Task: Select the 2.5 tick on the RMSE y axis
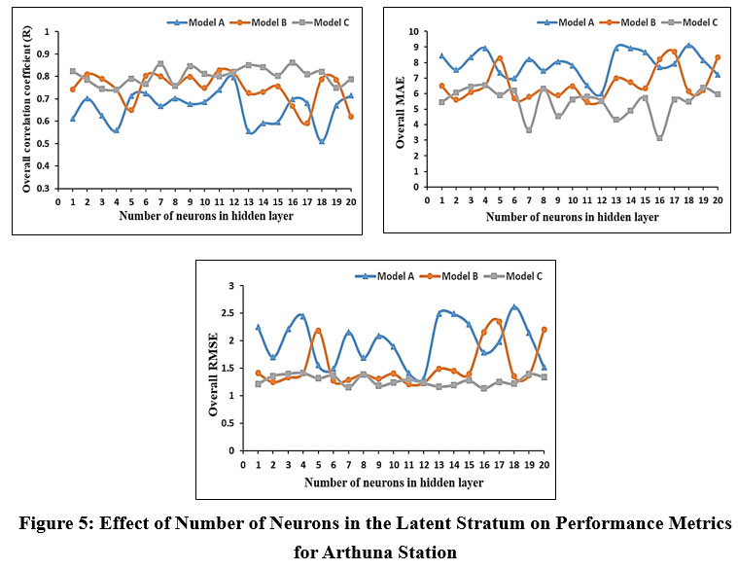(x=230, y=313)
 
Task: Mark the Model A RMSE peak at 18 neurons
(x=514, y=307)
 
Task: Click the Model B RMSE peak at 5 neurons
(x=318, y=331)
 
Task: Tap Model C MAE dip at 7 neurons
(x=529, y=130)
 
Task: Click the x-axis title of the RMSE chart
(x=393, y=481)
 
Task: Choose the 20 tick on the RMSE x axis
(x=545, y=464)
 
